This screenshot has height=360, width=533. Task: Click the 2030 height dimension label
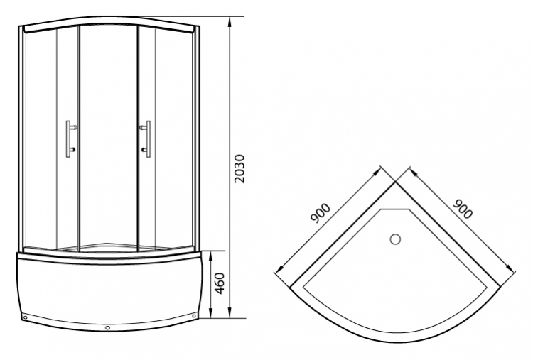pos(239,169)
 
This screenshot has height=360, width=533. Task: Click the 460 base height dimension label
pos(220,283)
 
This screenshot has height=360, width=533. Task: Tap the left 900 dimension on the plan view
pos(321,213)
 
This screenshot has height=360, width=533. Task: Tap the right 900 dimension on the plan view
pos(463,209)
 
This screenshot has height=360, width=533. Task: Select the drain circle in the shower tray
pos(395,239)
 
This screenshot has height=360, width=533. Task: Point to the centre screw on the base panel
pos(108,328)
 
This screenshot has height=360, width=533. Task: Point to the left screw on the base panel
pos(25,318)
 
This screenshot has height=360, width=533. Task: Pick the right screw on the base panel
pos(194,316)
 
